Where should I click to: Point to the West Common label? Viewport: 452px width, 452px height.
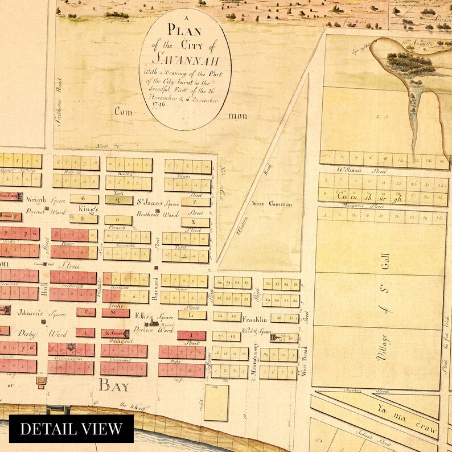pos(273,204)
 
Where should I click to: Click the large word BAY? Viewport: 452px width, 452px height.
pos(114,387)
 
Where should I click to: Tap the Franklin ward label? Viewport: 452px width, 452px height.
pos(254,320)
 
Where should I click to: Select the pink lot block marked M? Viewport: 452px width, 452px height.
pos(113,312)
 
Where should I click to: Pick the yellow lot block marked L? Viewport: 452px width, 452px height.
pos(191,315)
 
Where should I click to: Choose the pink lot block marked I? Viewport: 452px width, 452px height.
pos(191,335)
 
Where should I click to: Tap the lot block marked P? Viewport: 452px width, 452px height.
pos(192,202)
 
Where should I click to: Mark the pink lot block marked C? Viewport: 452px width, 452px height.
pos(87,312)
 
